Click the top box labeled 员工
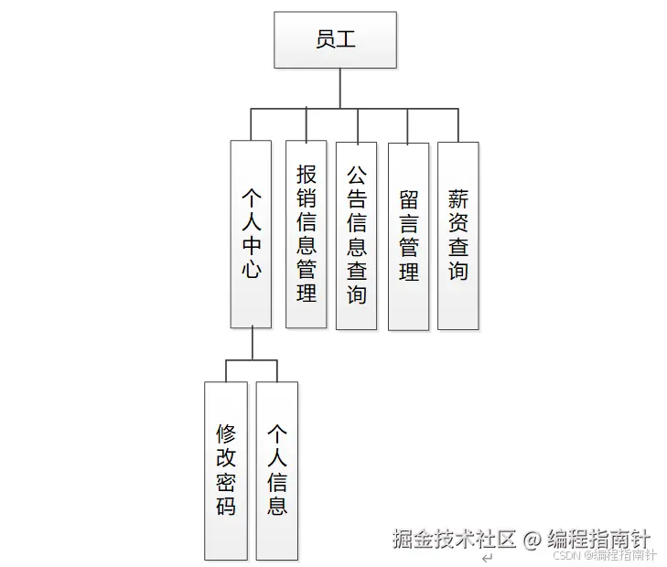[335, 39]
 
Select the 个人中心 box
[251, 233]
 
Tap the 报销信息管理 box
[307, 233]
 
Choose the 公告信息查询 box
[356, 235]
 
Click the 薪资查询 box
[457, 235]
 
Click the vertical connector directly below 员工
[339, 88]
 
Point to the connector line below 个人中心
[252, 345]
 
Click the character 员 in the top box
[324, 40]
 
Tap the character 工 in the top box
[347, 40]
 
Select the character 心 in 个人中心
[251, 270]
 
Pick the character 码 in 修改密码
[226, 506]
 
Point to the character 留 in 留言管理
[408, 199]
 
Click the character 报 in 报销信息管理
[307, 174]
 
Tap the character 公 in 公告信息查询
[356, 174]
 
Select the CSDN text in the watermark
[569, 554]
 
